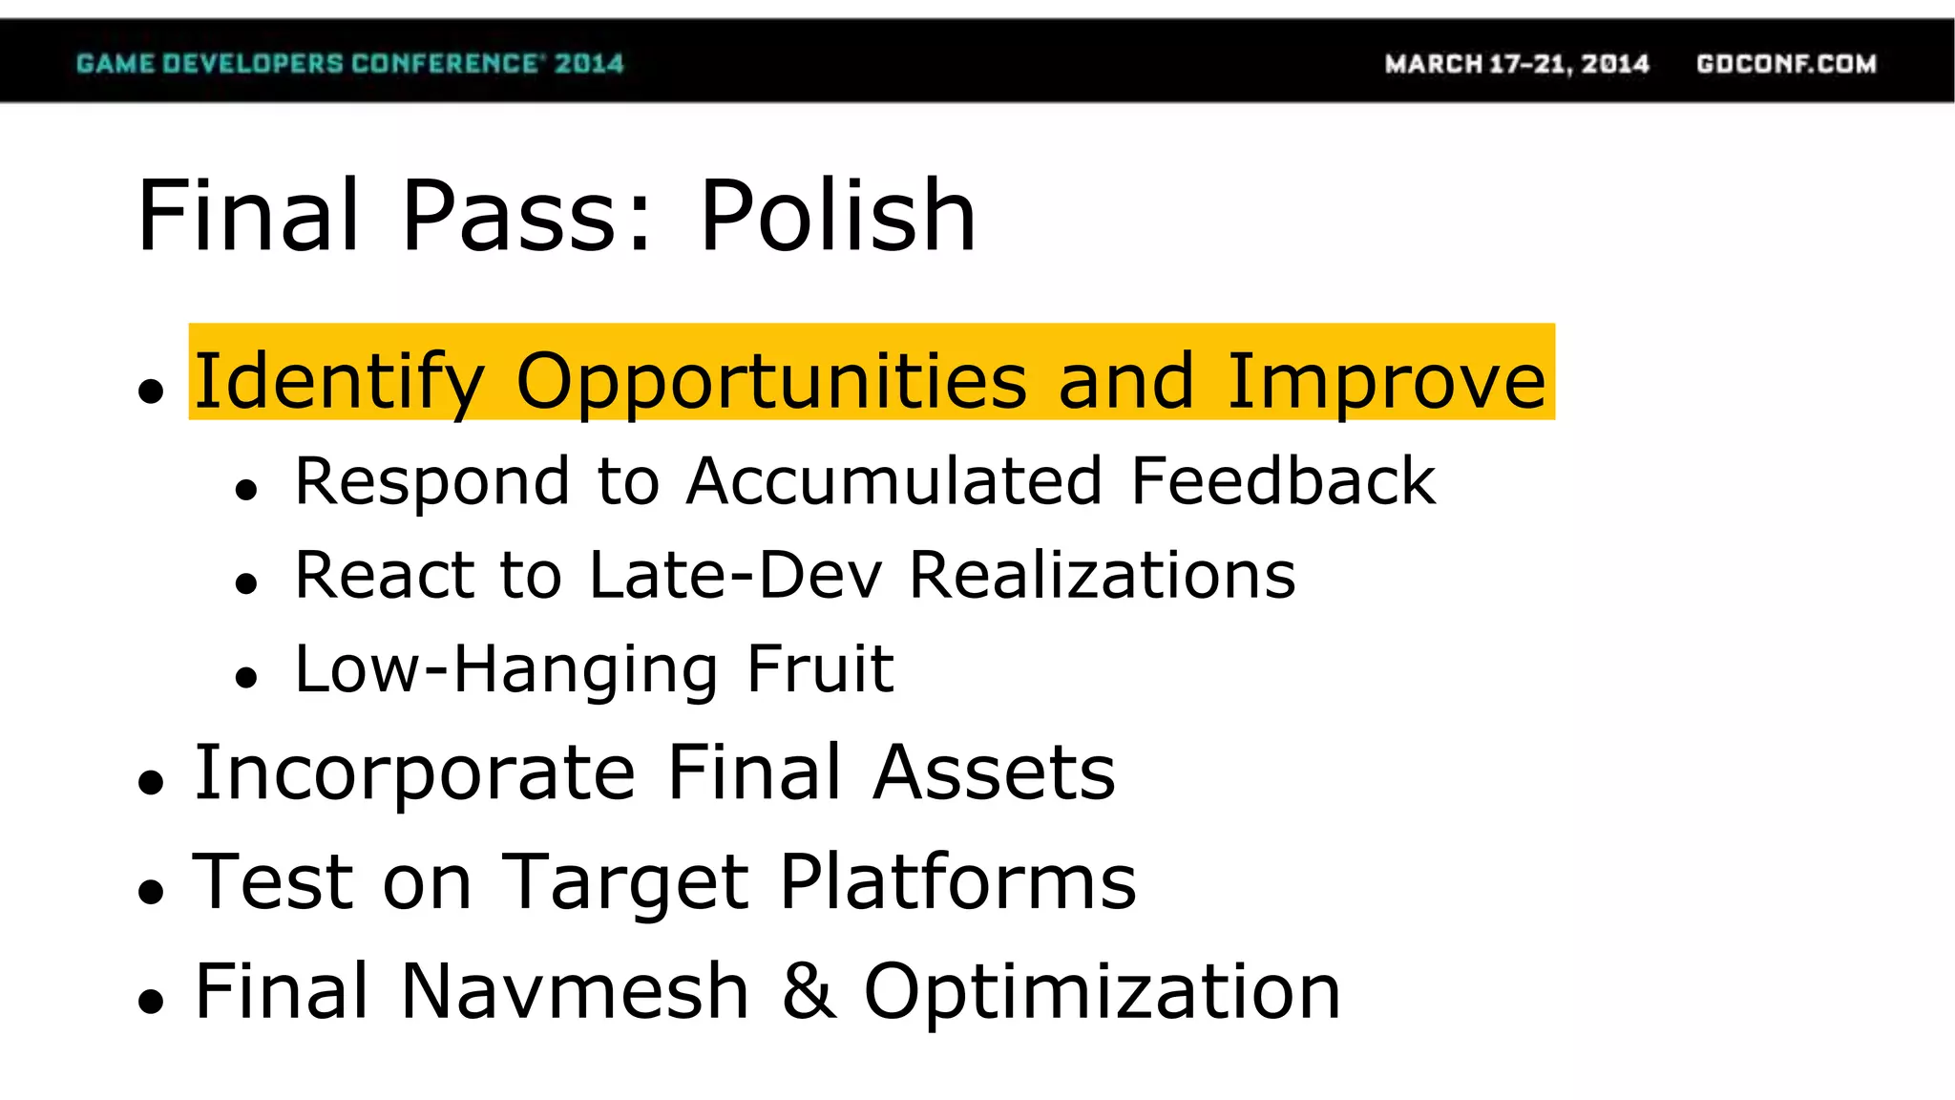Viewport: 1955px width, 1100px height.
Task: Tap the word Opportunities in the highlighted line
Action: [771, 381]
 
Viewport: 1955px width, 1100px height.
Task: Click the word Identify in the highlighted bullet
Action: [339, 381]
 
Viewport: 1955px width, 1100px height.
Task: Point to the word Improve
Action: [1385, 381]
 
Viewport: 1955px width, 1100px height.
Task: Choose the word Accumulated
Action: [894, 480]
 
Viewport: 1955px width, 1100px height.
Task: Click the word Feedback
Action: [1282, 480]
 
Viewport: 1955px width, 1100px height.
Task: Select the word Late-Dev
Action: [735, 575]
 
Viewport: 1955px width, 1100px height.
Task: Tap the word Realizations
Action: [1102, 575]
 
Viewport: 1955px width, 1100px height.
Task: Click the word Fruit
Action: [820, 668]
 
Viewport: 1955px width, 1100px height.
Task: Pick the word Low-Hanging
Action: [506, 668]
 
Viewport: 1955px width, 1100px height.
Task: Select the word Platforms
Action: [957, 881]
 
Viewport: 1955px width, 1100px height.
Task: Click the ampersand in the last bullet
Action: [808, 991]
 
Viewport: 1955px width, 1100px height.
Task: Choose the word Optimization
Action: [1103, 991]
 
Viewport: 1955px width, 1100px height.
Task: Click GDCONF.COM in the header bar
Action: [1786, 64]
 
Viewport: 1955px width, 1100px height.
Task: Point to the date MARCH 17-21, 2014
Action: [1517, 64]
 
